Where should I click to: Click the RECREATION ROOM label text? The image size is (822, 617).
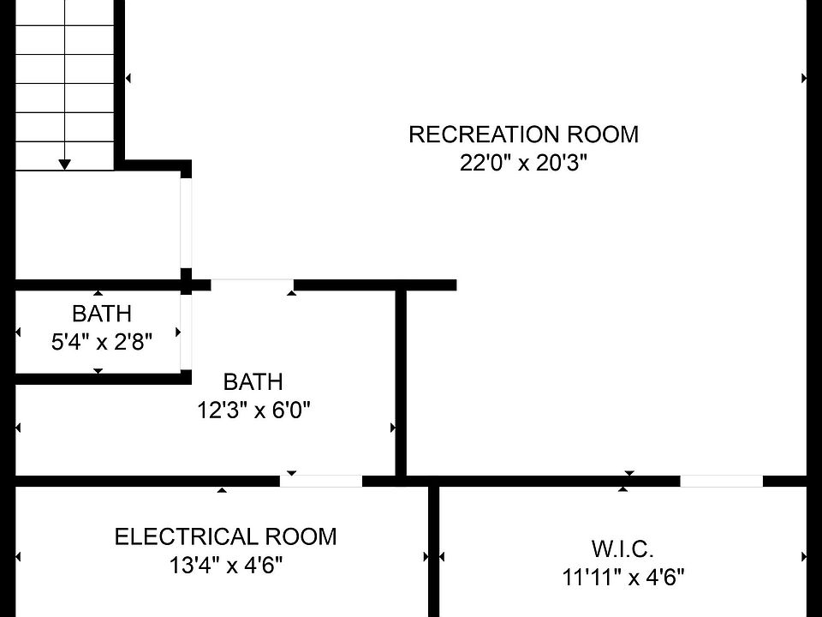(x=523, y=135)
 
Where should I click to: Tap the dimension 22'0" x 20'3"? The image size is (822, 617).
(x=523, y=163)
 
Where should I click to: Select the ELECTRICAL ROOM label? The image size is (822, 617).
(x=225, y=537)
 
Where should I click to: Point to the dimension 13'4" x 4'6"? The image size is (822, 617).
(x=225, y=566)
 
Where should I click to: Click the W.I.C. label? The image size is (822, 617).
(x=622, y=548)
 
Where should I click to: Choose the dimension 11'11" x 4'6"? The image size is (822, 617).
(x=622, y=577)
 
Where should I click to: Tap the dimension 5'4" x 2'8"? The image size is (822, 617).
(x=102, y=343)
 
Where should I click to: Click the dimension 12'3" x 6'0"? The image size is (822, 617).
(x=253, y=410)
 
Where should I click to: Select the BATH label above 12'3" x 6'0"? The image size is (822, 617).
(x=253, y=381)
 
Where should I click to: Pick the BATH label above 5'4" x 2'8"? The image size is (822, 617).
(x=102, y=314)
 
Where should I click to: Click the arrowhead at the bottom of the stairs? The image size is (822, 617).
(x=65, y=164)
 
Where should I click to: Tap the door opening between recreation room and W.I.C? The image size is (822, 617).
(x=721, y=481)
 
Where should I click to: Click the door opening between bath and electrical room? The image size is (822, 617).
(x=321, y=481)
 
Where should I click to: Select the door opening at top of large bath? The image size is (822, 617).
(x=252, y=285)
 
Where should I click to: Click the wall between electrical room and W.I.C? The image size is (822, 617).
(x=433, y=548)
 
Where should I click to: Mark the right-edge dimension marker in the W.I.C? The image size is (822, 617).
(x=804, y=557)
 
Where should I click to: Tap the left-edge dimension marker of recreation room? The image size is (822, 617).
(x=128, y=78)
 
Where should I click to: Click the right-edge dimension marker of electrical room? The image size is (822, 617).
(x=426, y=557)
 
